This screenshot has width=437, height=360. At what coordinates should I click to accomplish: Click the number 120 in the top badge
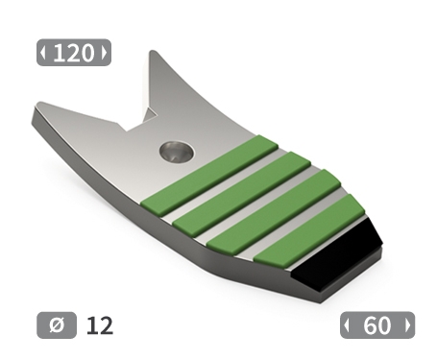[74, 54]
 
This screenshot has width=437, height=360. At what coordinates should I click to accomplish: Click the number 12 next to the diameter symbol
[99, 325]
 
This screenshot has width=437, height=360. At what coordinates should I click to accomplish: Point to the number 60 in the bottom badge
[377, 325]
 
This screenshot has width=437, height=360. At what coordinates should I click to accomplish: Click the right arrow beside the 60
[407, 325]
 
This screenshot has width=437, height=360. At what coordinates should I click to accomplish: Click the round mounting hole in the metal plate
[176, 150]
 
